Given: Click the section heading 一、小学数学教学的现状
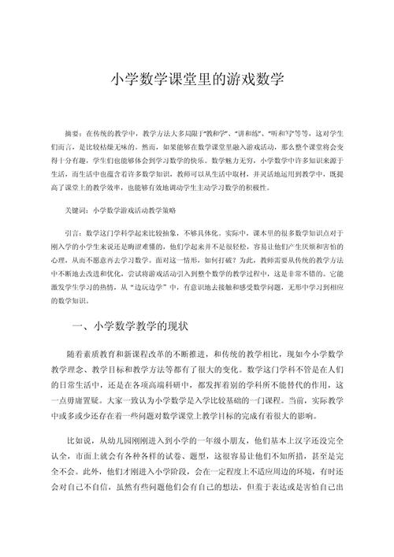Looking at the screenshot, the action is click(127, 303).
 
